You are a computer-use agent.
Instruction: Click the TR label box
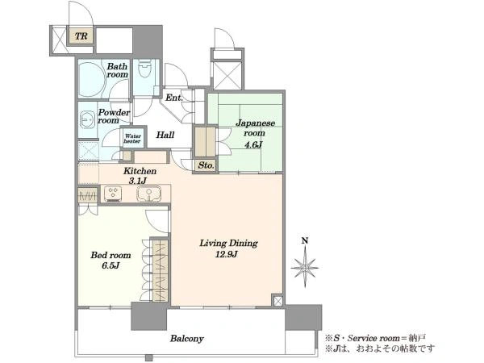point(81,36)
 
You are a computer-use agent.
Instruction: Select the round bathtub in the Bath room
point(92,78)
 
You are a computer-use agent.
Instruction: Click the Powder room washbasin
point(87,119)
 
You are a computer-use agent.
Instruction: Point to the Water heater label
point(133,139)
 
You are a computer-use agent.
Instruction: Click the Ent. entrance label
point(174,98)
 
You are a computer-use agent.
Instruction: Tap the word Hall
point(165,135)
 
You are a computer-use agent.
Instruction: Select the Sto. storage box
point(206,165)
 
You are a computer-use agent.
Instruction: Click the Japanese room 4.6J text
point(254,133)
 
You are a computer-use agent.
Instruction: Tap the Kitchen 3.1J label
point(140,176)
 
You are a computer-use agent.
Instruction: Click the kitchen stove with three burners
point(113,193)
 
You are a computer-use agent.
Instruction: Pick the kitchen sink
point(149,194)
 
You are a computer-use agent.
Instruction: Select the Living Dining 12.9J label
point(228,248)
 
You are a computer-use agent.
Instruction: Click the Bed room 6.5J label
point(111,261)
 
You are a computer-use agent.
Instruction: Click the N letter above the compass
point(305,241)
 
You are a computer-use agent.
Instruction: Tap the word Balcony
point(187,339)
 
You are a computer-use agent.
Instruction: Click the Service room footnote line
point(375,338)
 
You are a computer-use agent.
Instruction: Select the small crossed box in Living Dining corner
point(277,301)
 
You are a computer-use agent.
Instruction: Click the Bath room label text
point(117,70)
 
